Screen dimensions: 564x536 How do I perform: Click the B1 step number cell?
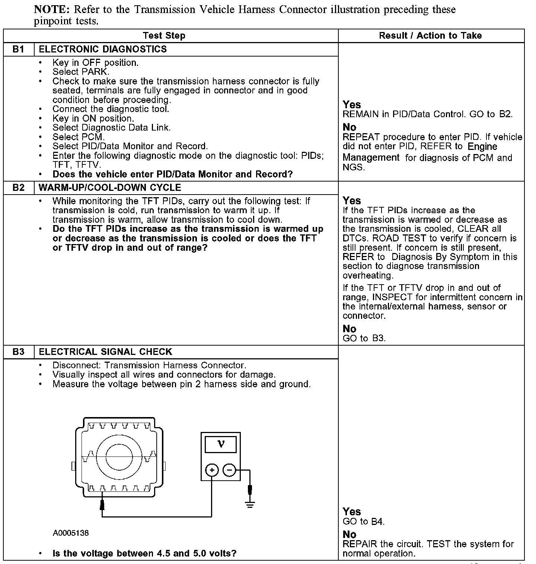(x=18, y=49)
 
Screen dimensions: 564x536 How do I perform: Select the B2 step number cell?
(x=18, y=188)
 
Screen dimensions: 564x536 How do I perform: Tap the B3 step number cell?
(x=18, y=352)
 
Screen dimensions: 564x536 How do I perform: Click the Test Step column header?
(x=164, y=36)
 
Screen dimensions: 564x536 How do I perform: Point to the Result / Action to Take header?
(x=430, y=36)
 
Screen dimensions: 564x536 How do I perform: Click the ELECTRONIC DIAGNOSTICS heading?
(x=103, y=49)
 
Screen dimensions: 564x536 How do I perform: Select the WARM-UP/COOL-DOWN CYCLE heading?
(x=110, y=188)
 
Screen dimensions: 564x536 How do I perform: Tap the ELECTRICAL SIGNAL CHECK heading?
(x=105, y=352)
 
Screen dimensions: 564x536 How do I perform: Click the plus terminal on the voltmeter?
(x=212, y=470)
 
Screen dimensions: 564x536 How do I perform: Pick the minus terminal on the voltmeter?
(x=229, y=470)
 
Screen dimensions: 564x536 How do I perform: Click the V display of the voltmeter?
(x=221, y=444)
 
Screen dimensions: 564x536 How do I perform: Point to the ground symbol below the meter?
(x=250, y=505)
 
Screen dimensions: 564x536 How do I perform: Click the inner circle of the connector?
(x=119, y=456)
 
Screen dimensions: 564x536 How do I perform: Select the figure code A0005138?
(x=71, y=533)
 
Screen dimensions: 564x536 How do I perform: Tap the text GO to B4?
(x=363, y=522)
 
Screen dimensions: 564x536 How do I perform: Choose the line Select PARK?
(x=81, y=72)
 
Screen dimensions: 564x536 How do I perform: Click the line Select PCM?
(x=79, y=137)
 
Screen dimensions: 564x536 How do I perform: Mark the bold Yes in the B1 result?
(x=352, y=105)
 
